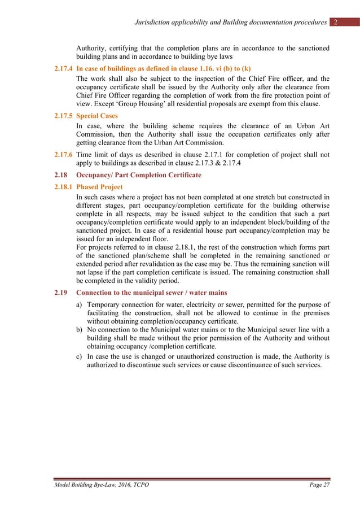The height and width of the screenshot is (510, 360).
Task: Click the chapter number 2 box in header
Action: (x=336, y=22)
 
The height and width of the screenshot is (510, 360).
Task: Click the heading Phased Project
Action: (x=99, y=186)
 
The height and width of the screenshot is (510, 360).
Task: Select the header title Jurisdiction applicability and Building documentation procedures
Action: (x=231, y=22)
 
